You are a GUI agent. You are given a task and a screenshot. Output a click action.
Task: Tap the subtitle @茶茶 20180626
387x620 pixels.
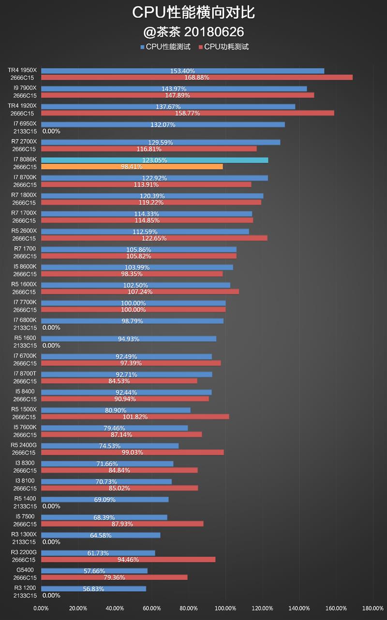coord(193,32)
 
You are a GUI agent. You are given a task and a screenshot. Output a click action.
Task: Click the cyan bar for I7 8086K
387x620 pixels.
coord(154,160)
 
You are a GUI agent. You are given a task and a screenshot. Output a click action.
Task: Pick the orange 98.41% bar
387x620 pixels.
coord(132,167)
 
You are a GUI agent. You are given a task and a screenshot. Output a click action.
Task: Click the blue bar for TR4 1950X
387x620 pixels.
coord(182,71)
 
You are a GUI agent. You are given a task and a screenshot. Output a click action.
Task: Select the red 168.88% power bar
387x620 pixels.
coord(196,77)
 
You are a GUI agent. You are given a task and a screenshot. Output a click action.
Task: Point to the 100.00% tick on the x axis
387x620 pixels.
coord(225,608)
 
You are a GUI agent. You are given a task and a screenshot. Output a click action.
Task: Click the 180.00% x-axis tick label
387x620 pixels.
coord(373,608)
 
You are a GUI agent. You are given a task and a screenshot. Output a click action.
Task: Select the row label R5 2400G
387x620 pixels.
coord(24,445)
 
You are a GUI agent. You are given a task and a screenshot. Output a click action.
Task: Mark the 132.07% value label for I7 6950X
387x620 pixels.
coord(163,125)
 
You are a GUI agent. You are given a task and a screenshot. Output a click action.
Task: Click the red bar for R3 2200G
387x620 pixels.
coord(128,560)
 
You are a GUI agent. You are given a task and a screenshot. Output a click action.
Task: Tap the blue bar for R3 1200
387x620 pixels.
coord(93,589)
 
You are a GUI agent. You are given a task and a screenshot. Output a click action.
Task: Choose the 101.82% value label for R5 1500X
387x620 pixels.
coord(135,417)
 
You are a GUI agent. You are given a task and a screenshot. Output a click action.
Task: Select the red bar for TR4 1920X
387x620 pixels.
coord(187,113)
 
